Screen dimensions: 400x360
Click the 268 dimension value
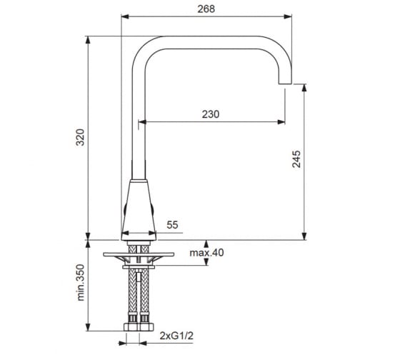(x=206, y=9)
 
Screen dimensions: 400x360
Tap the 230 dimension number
(x=211, y=114)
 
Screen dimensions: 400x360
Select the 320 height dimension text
(x=81, y=137)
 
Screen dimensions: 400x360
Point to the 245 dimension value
(x=296, y=159)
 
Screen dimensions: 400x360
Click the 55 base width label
(x=172, y=225)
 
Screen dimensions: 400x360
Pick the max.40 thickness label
(x=206, y=253)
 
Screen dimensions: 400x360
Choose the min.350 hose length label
(x=81, y=282)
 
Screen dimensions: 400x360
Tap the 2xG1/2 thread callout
(x=176, y=336)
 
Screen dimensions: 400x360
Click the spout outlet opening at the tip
(x=285, y=84)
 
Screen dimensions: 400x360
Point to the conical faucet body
(x=139, y=210)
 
